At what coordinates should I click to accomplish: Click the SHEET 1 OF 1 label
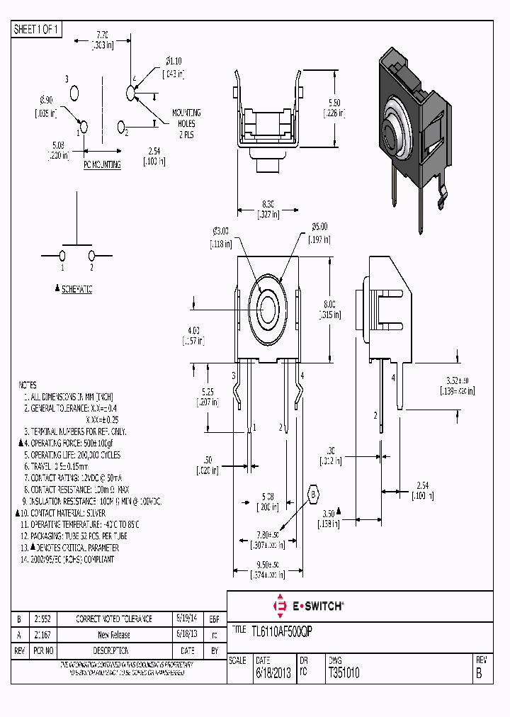pyautogui.click(x=37, y=30)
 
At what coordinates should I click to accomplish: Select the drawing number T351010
pyautogui.click(x=344, y=674)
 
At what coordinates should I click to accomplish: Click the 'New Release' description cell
pyautogui.click(x=113, y=635)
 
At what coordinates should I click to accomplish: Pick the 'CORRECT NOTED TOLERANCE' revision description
pyautogui.click(x=113, y=619)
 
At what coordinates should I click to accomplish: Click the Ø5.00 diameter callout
pyautogui.click(x=319, y=227)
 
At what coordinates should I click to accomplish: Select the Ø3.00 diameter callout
pyautogui.click(x=221, y=231)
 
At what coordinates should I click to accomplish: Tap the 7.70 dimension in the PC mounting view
pyautogui.click(x=102, y=34)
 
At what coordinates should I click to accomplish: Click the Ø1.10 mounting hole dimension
pyautogui.click(x=174, y=62)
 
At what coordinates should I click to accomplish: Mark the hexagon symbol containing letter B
pyautogui.click(x=313, y=494)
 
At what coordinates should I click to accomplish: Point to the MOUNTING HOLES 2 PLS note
pyautogui.click(x=186, y=123)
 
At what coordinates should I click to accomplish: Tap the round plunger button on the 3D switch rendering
pyautogui.click(x=392, y=130)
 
